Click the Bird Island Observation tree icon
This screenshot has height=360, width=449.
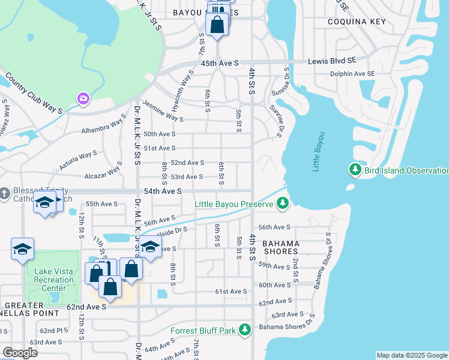pos(355,170)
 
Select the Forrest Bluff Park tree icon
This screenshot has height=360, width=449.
pos(244,330)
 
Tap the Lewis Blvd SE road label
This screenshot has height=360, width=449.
pos(332,62)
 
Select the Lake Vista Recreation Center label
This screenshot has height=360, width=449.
pos(54,280)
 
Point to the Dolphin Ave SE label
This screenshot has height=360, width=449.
pos(352,74)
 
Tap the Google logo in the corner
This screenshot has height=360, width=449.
pos(20,352)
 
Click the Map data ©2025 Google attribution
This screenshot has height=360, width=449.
pos(412,355)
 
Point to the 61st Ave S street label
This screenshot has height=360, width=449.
pos(231,292)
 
